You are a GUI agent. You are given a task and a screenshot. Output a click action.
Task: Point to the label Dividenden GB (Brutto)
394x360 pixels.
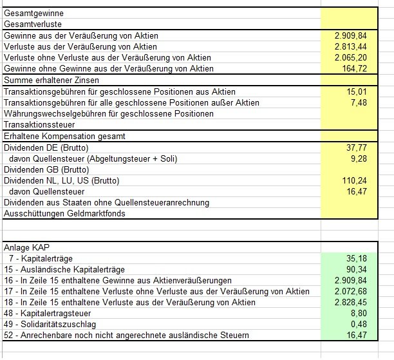point(45,169)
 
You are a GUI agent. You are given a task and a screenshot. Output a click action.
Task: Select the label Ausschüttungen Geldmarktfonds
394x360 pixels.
point(64,214)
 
